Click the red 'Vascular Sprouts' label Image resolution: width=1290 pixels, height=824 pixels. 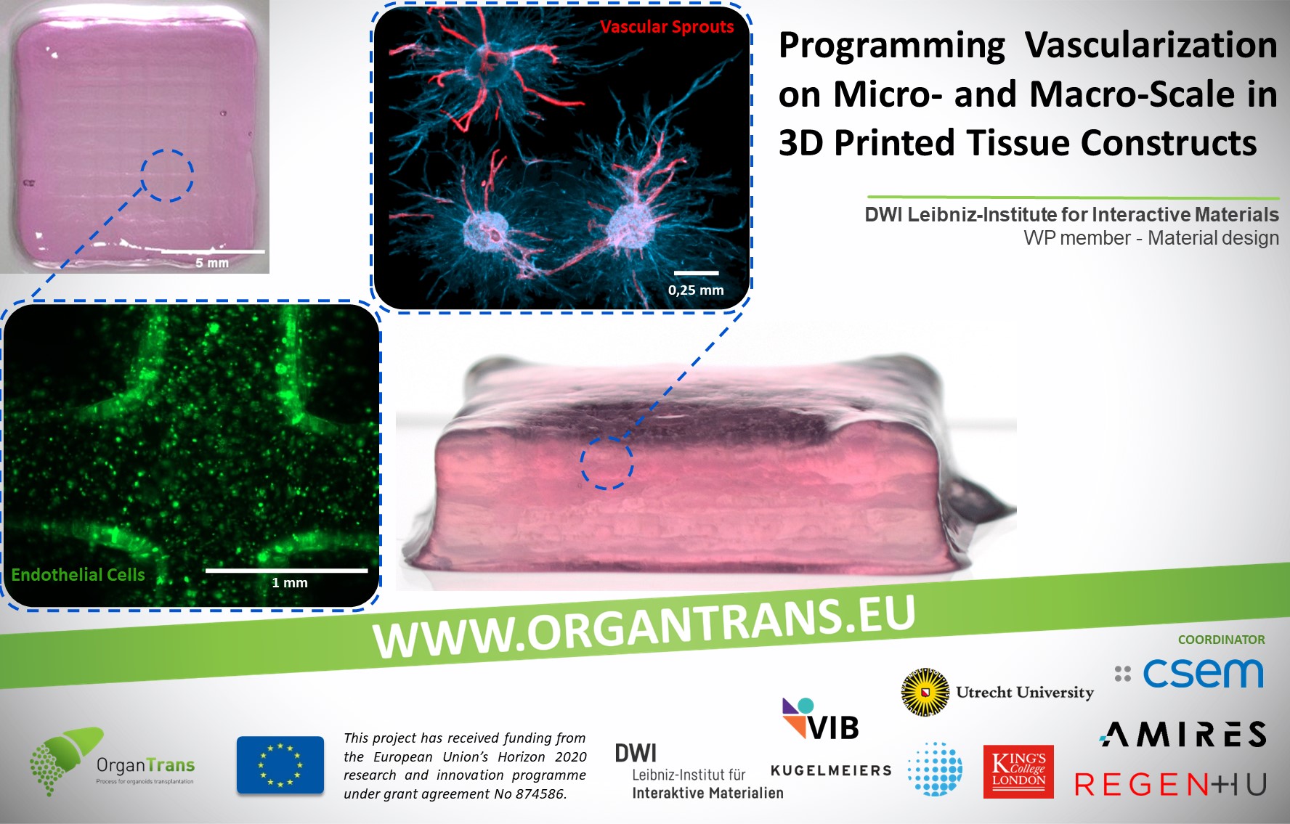coord(667,27)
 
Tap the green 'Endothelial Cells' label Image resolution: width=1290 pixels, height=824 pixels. coord(78,575)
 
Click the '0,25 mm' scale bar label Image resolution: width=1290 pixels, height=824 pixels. coord(696,290)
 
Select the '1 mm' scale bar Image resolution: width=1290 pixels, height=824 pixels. coord(286,571)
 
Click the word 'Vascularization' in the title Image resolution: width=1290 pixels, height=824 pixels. coord(1151,45)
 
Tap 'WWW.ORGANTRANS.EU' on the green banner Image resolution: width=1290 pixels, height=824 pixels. coord(644,626)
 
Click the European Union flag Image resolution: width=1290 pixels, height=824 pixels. coord(280,764)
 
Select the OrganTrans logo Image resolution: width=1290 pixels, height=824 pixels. coord(112,762)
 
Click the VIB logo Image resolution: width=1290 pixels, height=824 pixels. coord(821,719)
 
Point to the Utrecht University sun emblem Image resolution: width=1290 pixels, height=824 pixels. coord(925,692)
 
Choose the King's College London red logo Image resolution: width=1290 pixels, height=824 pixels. coord(1018,772)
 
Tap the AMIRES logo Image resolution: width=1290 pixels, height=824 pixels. coord(1183,734)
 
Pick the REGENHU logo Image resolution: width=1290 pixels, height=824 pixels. coord(1171,784)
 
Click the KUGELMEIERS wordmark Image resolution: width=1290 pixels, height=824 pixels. coord(831,770)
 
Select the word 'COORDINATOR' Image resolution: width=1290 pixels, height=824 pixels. coord(1222,640)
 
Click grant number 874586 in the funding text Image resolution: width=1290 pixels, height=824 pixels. coord(540,794)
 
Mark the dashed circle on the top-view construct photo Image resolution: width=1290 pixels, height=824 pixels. coord(167,176)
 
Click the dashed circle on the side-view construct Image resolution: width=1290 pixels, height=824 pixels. coord(607,463)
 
